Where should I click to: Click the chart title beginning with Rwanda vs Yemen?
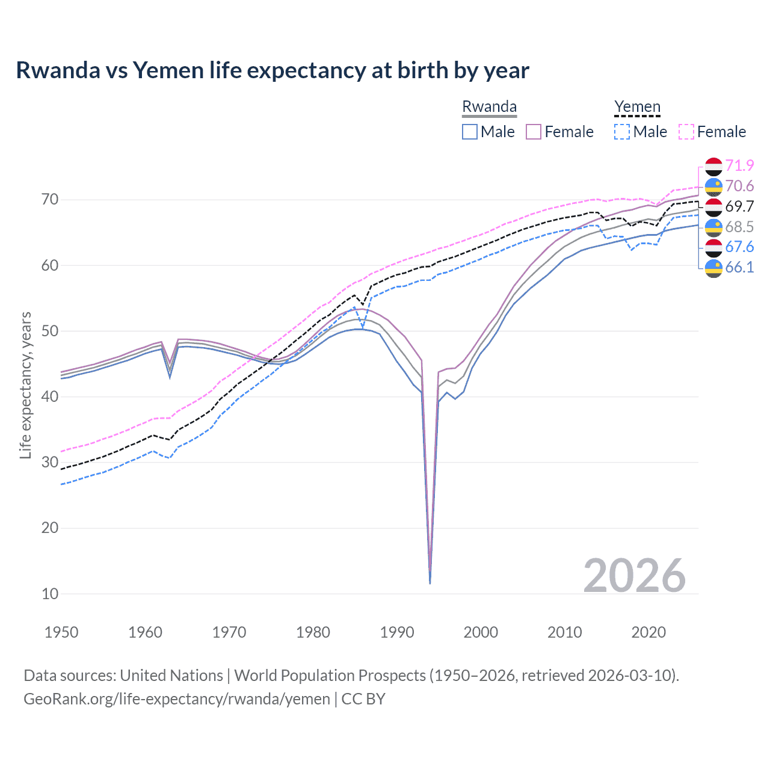click(273, 70)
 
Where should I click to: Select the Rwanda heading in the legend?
click(489, 106)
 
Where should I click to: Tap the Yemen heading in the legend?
click(637, 106)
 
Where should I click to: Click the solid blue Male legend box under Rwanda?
click(470, 132)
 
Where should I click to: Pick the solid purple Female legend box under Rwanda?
click(534, 132)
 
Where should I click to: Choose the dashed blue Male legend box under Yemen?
click(622, 132)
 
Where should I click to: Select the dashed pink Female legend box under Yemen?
click(686, 132)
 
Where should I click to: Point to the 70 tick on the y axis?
click(50, 199)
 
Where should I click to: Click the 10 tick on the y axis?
click(50, 594)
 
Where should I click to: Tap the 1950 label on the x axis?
click(61, 632)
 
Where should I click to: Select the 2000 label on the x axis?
click(481, 632)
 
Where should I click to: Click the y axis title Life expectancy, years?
click(25, 385)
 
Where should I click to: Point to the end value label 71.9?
click(739, 165)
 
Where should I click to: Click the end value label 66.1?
click(739, 267)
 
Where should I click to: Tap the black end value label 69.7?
click(739, 206)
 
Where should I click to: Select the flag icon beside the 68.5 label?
click(713, 227)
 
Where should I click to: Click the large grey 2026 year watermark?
click(634, 576)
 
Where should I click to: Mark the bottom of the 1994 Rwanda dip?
click(430, 582)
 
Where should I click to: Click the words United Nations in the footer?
click(171, 676)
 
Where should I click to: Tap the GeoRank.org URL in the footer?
click(177, 699)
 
